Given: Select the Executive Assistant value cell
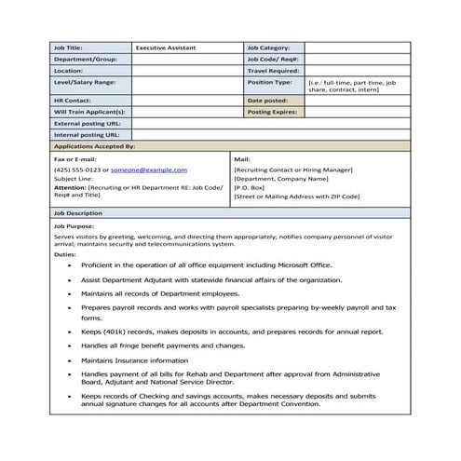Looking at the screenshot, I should (x=166, y=47).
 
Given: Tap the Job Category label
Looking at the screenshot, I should (x=269, y=47).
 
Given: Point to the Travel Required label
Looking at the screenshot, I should (x=272, y=70).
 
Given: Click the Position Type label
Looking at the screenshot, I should (x=269, y=82).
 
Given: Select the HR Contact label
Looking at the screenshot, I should (x=72, y=100).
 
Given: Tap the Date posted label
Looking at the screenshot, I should (x=267, y=100).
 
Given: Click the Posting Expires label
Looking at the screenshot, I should (x=272, y=111).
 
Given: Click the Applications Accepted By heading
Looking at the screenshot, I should (x=94, y=146).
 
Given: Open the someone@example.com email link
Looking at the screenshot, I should (x=149, y=170).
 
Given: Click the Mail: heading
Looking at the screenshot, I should (x=242, y=159).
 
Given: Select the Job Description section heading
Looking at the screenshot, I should (x=77, y=213).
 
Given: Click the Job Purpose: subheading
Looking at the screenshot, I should (x=74, y=226).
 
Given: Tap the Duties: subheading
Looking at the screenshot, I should (x=64, y=254).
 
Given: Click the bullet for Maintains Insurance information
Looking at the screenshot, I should (x=71, y=359).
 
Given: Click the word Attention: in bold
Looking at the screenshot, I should (x=70, y=187).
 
